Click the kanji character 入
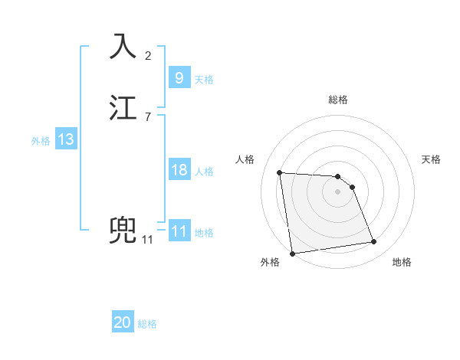point(124,47)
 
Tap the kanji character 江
point(124,107)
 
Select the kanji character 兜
point(124,230)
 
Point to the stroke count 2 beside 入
point(148,56)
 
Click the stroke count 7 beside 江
point(148,117)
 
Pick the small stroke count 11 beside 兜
point(147,240)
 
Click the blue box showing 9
point(179,78)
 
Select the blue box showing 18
point(179,170)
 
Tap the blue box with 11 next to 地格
point(179,231)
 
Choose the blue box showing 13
point(65,140)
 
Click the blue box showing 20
point(123,323)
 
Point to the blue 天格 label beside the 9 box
point(204,80)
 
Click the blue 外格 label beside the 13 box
point(41,141)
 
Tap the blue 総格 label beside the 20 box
point(147,325)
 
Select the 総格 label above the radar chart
point(338,100)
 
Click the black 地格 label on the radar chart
point(402,262)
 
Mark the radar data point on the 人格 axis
point(280,172)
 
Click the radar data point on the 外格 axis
point(291,253)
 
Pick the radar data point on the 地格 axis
point(374,242)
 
